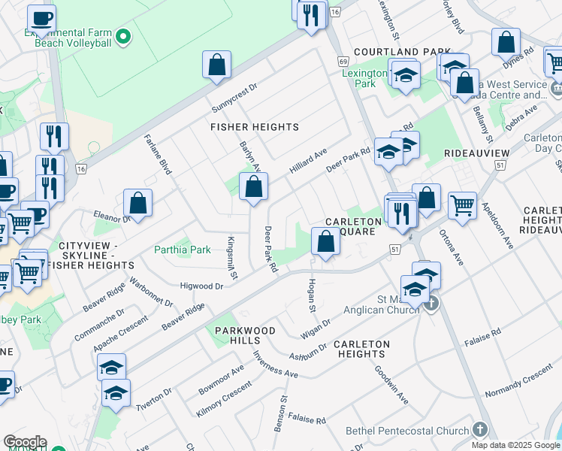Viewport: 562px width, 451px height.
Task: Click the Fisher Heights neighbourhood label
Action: [x=254, y=127]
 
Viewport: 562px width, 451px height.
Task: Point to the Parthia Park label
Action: [x=183, y=250]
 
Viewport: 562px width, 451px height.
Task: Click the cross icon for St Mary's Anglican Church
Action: [x=431, y=304]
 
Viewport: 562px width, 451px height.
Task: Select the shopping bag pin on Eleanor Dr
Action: [x=138, y=202]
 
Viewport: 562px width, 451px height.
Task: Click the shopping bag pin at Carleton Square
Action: [x=325, y=242]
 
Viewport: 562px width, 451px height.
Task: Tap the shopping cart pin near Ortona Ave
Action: [x=462, y=204]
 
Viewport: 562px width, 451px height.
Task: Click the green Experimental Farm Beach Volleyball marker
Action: [x=123, y=35]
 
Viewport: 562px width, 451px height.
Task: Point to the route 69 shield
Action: [x=343, y=60]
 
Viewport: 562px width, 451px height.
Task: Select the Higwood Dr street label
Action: [x=202, y=286]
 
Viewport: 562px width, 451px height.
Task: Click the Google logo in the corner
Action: [x=24, y=442]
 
